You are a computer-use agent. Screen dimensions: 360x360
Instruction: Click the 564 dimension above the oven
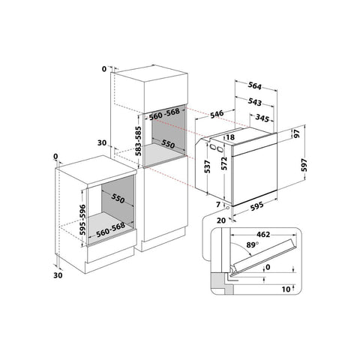pos(254,85)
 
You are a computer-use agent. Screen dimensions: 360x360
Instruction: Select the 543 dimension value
pos(254,102)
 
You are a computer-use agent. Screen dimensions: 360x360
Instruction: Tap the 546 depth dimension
pos(217,114)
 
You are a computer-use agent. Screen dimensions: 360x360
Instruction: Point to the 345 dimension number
pos(262,118)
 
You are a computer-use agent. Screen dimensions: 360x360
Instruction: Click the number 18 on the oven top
pos(230,137)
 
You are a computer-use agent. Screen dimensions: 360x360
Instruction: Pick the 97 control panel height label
pos(296,134)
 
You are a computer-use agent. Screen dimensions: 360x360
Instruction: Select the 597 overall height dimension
pos(304,165)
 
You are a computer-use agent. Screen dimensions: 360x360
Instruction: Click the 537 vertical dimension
pos(207,166)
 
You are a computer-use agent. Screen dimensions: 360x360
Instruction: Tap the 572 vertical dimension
pos(224,163)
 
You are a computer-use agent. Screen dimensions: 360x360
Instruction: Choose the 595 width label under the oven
pos(256,206)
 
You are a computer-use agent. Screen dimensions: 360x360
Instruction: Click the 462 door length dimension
pos(263,235)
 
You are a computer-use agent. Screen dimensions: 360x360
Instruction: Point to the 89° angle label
pos(252,244)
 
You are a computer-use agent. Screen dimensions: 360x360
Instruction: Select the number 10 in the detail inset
pos(286,289)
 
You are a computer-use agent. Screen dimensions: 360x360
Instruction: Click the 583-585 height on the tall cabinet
pos(138,141)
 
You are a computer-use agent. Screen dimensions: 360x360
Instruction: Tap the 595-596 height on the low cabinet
pos(82,220)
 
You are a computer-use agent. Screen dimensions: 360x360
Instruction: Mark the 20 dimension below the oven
pos(221,220)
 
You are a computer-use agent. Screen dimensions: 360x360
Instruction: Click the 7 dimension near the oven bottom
pos(218,205)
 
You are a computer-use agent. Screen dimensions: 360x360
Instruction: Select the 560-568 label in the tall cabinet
pos(164,114)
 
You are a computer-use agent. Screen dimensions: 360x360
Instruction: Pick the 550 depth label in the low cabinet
pos(118,199)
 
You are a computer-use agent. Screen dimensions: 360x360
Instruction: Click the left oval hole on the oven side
pos(213,146)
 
